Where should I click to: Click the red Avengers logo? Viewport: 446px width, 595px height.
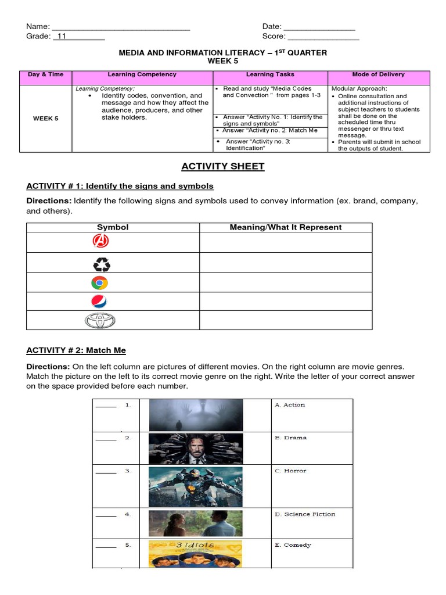point(102,241)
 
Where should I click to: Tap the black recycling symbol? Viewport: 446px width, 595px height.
point(102,265)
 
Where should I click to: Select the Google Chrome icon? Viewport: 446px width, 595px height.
point(99,283)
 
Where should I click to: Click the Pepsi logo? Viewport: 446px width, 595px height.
point(99,302)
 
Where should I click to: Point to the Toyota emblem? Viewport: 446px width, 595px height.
point(100,321)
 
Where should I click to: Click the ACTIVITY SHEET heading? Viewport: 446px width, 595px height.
point(222,167)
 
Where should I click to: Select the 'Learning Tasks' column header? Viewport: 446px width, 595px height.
point(270,75)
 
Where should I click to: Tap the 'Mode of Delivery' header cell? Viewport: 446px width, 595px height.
point(378,75)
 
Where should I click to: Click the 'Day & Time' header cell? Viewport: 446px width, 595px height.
point(46,75)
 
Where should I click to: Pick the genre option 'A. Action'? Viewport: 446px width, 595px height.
point(290,405)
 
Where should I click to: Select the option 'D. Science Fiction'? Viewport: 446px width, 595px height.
point(305,514)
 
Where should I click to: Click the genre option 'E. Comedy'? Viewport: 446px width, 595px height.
point(293,546)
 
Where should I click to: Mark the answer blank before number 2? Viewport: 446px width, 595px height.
point(106,439)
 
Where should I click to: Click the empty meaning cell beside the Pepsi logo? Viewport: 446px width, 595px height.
point(286,302)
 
